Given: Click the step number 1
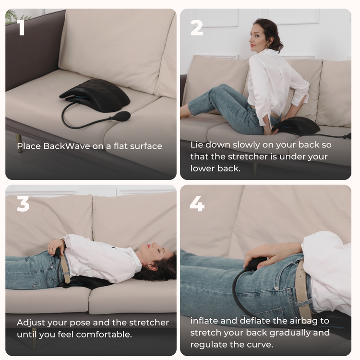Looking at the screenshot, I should tap(21, 27).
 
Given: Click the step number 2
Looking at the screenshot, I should tap(197, 27).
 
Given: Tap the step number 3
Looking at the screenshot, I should tap(23, 204).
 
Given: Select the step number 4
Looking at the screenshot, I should tap(197, 204).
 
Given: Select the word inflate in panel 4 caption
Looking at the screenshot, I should tap(204, 321).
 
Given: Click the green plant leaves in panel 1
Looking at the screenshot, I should tap(11, 16).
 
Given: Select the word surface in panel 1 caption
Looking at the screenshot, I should tap(144, 146).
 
